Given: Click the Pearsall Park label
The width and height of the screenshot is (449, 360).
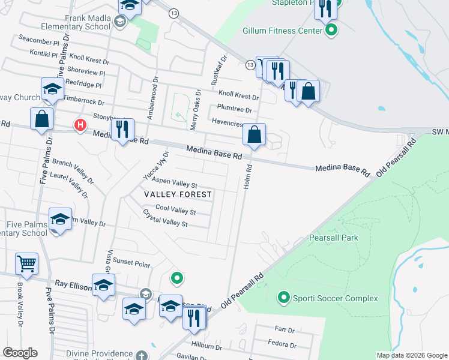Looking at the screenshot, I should pos(333,238).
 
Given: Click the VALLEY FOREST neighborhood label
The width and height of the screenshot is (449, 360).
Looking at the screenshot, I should pos(178,194).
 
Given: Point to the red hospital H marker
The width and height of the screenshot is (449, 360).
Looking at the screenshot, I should pos(79,125).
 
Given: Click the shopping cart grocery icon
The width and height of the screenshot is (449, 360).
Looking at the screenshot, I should pos(27,263).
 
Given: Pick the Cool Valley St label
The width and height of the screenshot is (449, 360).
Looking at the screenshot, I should pos(175,210).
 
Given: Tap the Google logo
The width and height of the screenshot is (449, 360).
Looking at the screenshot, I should pos(20,353).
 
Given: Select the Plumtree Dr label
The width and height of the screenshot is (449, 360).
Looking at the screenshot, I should pos(235,109).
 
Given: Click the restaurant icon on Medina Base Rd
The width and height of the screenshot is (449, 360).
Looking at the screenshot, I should pos(122,128).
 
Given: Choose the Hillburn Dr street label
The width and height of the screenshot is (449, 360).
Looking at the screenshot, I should pos(207,347).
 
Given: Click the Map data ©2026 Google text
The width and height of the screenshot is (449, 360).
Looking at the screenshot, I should pos(412,355).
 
